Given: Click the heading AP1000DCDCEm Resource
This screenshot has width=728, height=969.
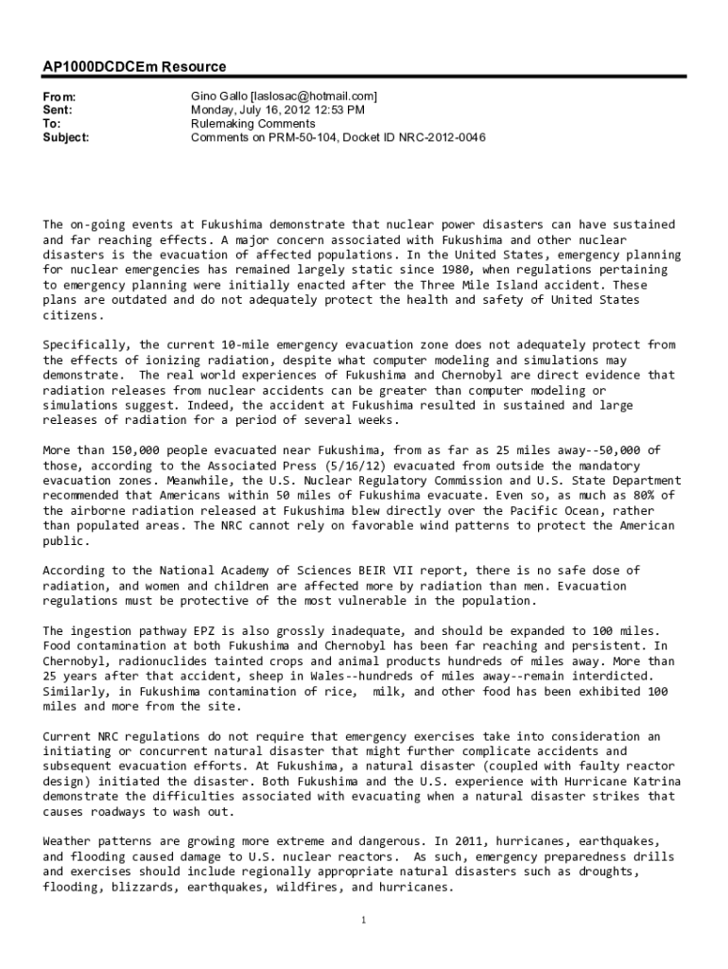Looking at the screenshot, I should point(134,67).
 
